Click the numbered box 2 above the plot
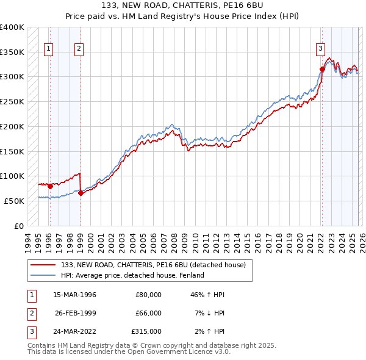coord(79,50)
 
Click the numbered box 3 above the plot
coord(321,50)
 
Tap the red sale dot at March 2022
coord(322,69)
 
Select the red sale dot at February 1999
coord(81,193)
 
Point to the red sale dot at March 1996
coord(50,186)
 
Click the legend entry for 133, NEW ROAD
coord(152,265)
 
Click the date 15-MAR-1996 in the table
coord(74,295)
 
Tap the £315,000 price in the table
coord(146,331)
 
